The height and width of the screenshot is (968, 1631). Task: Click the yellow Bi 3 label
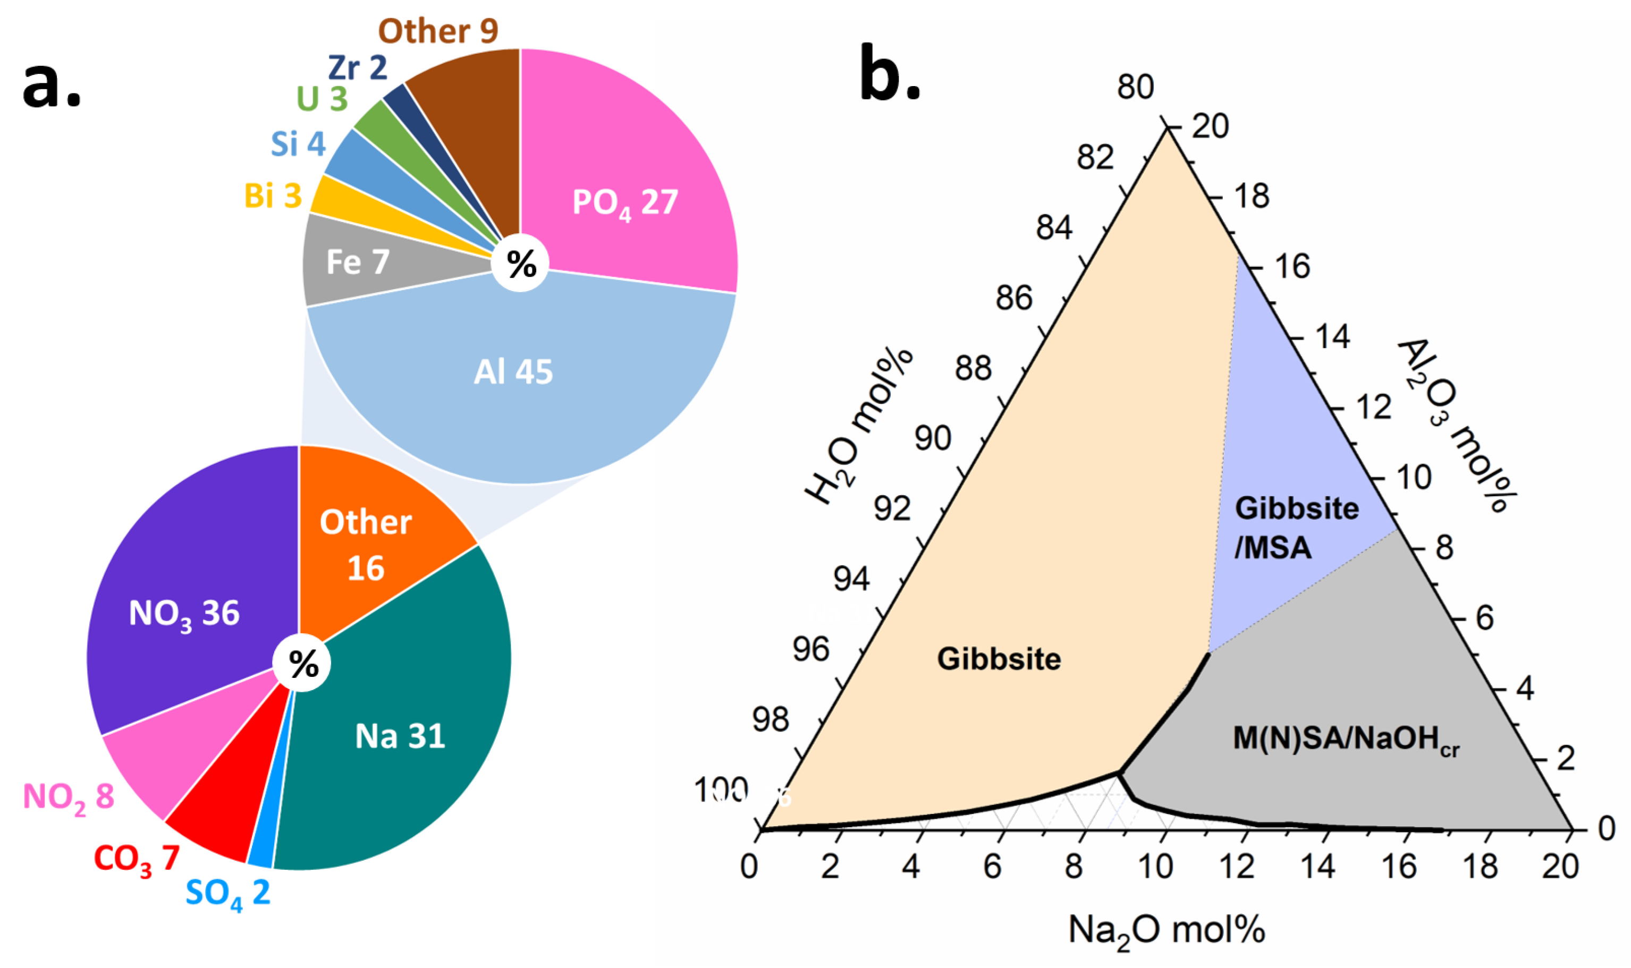273,196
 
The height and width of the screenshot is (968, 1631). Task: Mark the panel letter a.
52,85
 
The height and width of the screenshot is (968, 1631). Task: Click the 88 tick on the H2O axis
973,369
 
